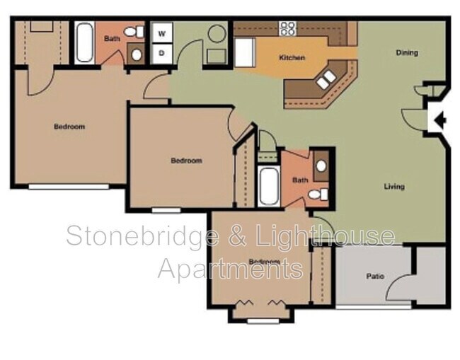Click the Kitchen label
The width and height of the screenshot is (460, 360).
(x=292, y=57)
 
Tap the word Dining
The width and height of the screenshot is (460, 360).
(x=406, y=52)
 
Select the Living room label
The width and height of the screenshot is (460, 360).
(x=394, y=187)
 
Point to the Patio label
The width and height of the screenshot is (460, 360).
(x=375, y=276)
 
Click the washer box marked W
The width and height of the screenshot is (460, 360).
(x=161, y=33)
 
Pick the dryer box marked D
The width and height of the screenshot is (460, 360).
(x=161, y=52)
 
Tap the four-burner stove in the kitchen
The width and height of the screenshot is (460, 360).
(x=287, y=29)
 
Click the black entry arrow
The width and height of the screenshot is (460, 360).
(x=439, y=120)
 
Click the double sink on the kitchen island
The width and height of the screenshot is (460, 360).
(x=327, y=79)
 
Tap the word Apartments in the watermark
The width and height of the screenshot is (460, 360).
(x=231, y=268)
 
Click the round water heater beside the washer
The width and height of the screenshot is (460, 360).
(x=217, y=33)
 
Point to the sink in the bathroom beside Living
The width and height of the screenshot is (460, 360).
(x=321, y=166)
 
